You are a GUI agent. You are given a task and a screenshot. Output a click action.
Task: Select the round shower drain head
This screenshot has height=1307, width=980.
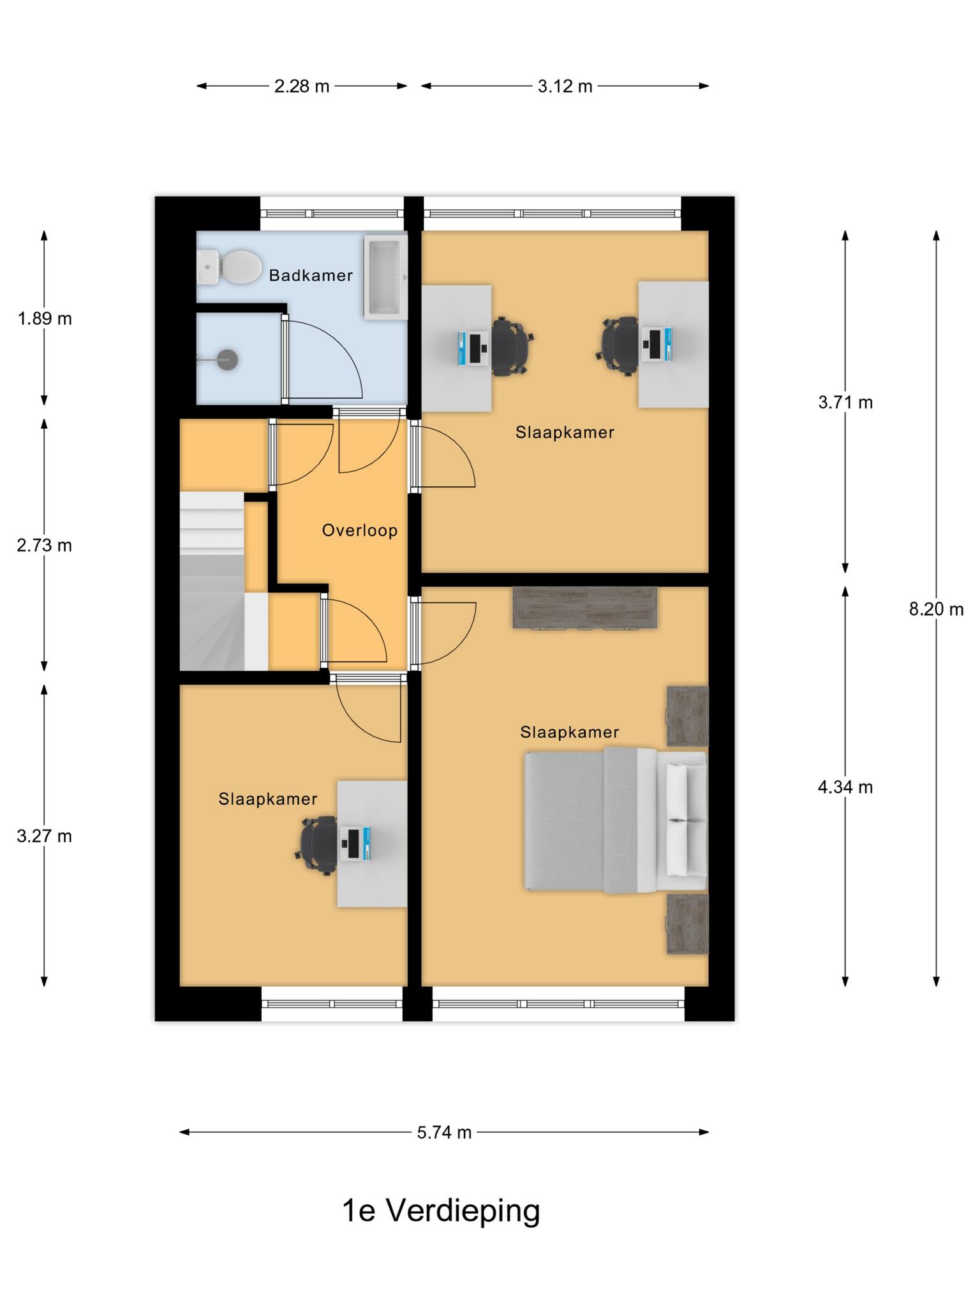click(x=228, y=359)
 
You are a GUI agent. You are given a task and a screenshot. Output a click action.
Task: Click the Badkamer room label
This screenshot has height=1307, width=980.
click(x=311, y=276)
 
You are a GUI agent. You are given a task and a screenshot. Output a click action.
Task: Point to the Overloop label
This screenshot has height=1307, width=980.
click(x=360, y=530)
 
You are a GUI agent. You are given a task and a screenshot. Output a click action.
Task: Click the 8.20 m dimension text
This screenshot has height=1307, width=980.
click(x=936, y=609)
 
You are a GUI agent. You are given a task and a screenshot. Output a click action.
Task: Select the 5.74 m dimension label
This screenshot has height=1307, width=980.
click(x=444, y=1132)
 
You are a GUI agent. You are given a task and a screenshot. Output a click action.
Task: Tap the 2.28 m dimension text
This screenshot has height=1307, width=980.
click(x=302, y=86)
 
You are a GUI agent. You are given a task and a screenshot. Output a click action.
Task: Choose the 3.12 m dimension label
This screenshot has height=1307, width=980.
click(x=565, y=86)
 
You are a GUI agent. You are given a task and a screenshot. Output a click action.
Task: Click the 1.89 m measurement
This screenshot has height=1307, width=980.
click(x=45, y=318)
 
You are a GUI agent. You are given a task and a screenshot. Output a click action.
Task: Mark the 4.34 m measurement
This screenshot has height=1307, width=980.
click(x=845, y=788)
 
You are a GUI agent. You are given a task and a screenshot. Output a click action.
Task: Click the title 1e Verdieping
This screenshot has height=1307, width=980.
click(x=441, y=1211)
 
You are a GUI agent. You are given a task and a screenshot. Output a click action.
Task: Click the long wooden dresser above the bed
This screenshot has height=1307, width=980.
click(x=585, y=608)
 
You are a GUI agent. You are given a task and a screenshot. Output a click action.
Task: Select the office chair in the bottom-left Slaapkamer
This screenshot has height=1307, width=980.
click(x=318, y=845)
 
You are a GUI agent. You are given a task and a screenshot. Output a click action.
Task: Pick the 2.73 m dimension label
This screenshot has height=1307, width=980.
click(x=45, y=546)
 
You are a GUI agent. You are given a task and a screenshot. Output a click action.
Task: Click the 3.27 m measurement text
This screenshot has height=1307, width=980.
click(x=45, y=836)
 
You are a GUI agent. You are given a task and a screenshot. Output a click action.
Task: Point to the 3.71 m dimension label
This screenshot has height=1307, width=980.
click(x=845, y=403)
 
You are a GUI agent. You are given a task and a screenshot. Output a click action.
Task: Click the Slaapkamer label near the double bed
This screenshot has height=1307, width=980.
click(x=570, y=732)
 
